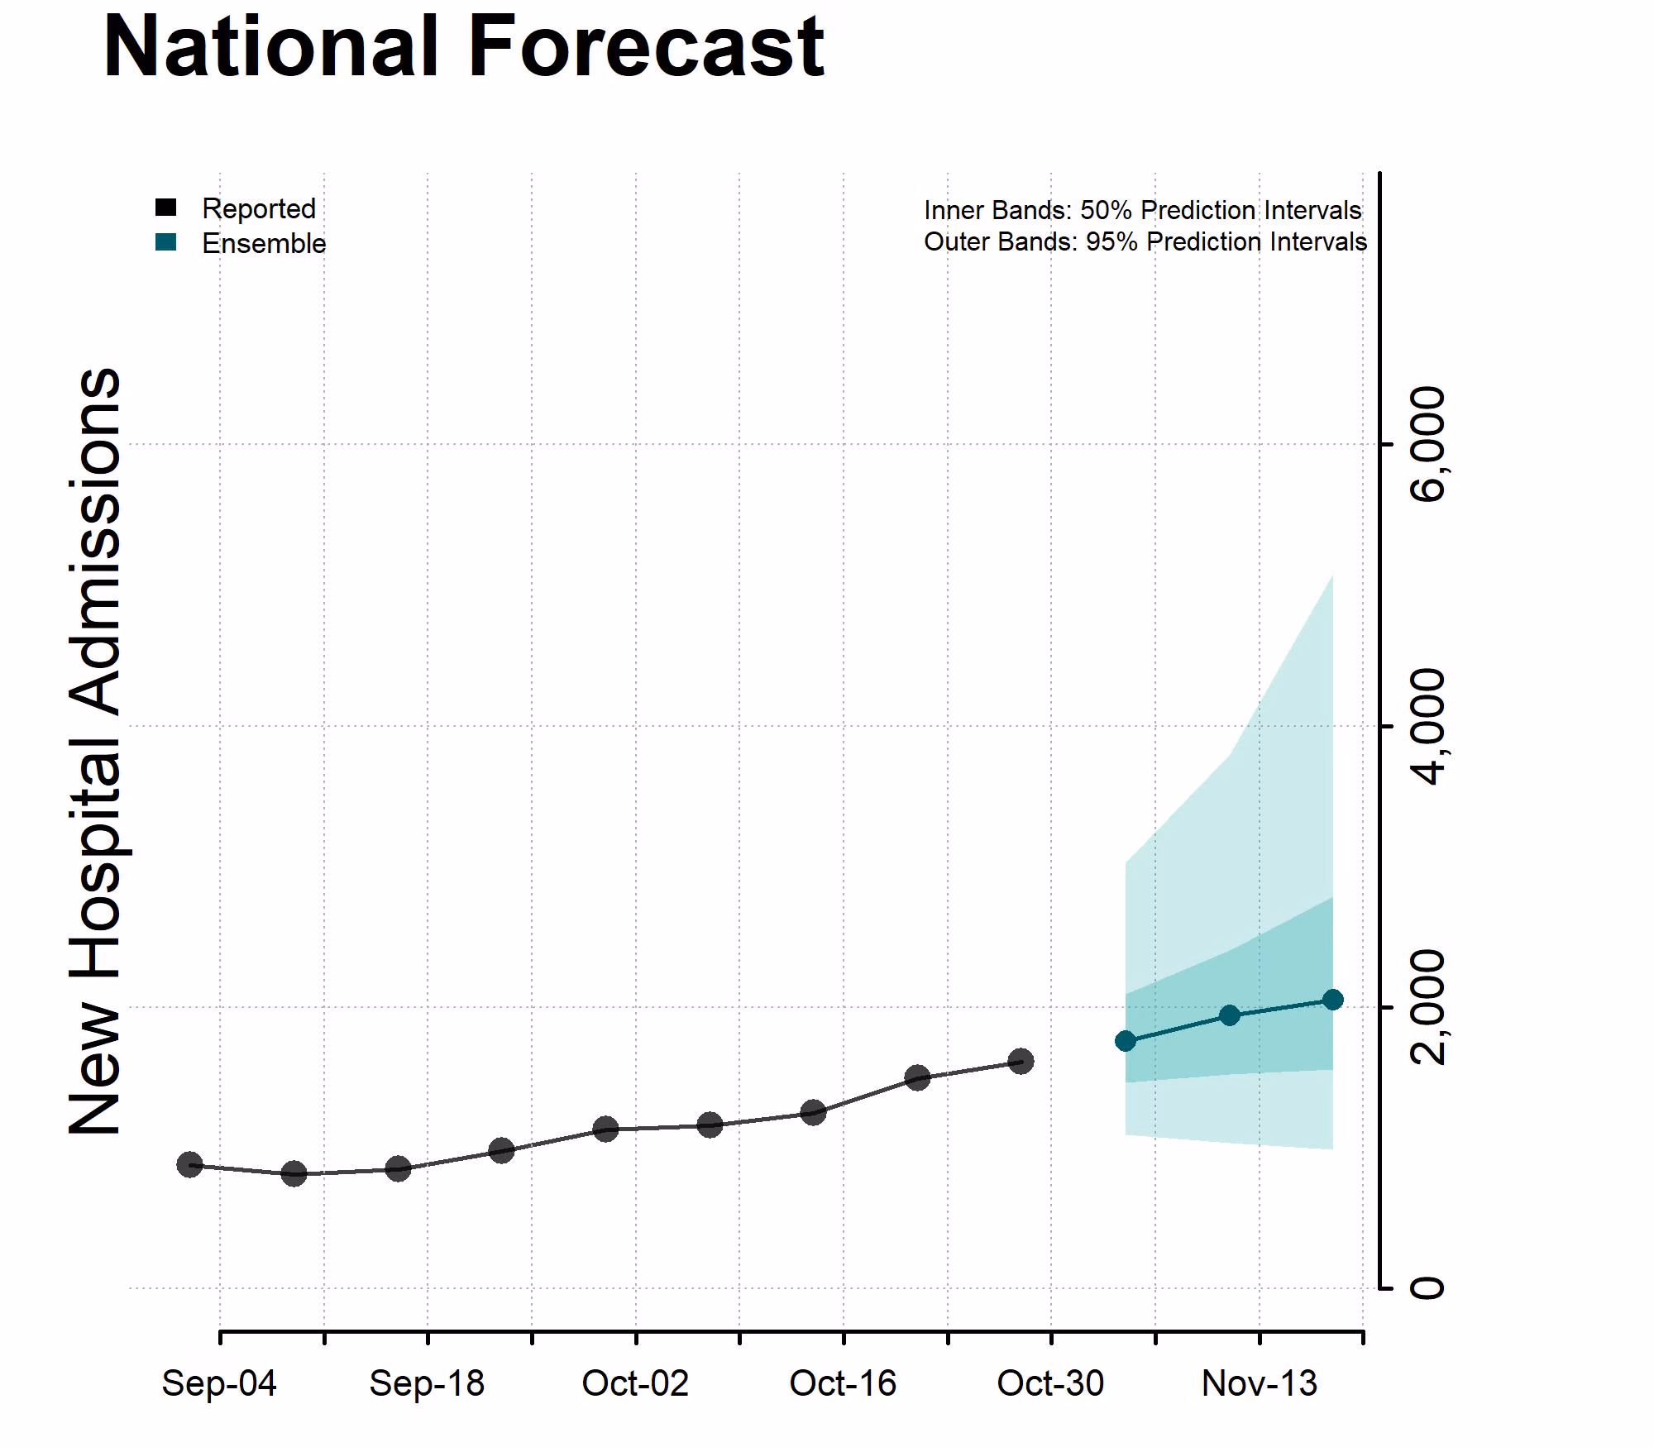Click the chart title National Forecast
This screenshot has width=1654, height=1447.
pos(463,48)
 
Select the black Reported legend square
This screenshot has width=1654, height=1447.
pos(165,208)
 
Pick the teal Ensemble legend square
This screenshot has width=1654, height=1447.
pos(165,242)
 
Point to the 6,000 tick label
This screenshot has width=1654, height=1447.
pos(1429,445)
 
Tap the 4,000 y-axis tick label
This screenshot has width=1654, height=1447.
pos(1429,726)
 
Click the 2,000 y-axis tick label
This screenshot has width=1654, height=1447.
pos(1429,1007)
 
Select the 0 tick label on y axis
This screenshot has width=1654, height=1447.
pos(1427,1287)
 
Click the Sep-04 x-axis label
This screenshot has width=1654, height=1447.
pos(219,1383)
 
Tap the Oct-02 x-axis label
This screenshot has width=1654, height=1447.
pos(635,1383)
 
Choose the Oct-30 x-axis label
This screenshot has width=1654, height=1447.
pos(1050,1383)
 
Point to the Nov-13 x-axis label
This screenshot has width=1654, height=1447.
pos(1259,1383)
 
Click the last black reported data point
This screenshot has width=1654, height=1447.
pos(1021,1061)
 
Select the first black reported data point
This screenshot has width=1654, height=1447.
pos(190,1164)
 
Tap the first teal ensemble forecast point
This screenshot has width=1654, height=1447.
pos(1126,1040)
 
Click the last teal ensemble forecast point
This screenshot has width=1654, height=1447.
pos(1333,1000)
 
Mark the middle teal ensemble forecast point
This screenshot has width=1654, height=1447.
pos(1230,1015)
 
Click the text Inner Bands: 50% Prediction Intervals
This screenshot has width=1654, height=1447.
pos(1142,210)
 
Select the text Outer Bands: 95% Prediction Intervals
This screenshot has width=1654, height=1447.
pos(1145,241)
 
